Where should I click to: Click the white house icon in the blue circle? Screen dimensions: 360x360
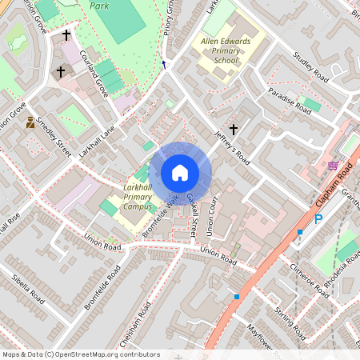[180, 173]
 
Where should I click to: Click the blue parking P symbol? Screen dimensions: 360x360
[318, 218]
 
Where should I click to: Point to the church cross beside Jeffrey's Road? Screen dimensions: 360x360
[234, 129]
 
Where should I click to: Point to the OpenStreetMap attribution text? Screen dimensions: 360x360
[81, 354]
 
